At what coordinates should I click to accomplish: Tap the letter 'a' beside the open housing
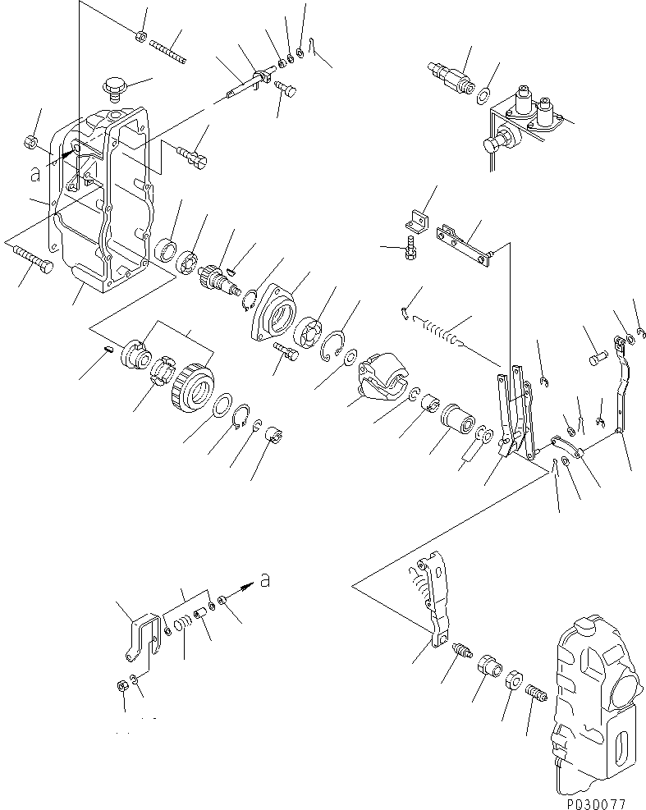[x=34, y=174]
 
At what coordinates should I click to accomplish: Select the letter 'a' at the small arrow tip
[x=264, y=581]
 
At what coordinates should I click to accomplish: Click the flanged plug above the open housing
[x=113, y=86]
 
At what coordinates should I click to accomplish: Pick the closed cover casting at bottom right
[x=595, y=698]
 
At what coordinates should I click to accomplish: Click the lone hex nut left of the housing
[x=30, y=142]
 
